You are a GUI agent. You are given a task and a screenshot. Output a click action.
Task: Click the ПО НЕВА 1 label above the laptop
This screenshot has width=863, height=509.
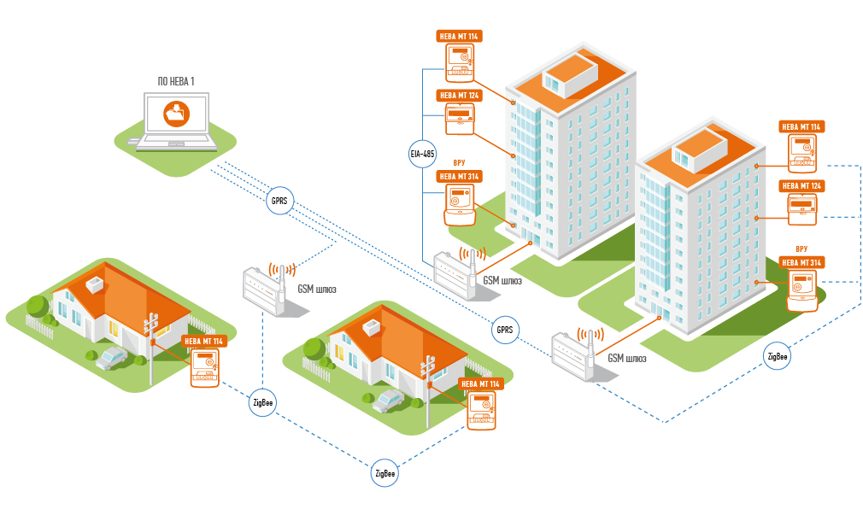176,81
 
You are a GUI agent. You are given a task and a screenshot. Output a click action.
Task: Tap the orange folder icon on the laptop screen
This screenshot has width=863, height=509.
176,112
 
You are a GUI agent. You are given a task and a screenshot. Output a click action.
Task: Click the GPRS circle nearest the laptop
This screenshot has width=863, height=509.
279,202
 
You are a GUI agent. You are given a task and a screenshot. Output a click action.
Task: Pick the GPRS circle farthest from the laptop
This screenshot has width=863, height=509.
503,329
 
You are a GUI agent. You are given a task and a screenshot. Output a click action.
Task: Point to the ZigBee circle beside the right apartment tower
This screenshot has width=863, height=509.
778,356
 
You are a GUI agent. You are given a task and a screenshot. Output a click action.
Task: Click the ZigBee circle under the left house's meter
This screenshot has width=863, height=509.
263,401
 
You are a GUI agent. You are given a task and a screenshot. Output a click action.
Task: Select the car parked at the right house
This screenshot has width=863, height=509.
390,399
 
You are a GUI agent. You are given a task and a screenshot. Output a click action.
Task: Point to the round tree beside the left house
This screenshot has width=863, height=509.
38,307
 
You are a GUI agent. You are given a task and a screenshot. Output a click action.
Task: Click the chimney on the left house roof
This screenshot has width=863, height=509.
94,283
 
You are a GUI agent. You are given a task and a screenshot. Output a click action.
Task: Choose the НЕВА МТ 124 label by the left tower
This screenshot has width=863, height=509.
459,95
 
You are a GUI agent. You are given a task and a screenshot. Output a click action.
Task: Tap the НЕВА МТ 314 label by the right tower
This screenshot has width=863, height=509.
801,262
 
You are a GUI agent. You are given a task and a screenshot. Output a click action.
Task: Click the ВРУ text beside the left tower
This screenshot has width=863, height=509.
459,162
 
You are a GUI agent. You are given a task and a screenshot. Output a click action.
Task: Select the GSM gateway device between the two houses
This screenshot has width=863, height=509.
265,290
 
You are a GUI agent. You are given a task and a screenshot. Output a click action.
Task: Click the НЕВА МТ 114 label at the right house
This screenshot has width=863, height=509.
481,384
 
